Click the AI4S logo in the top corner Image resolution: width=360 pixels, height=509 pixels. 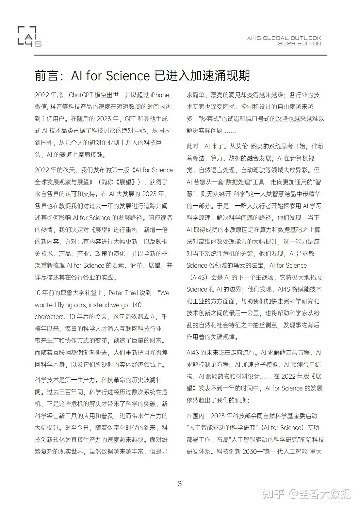click(29, 36)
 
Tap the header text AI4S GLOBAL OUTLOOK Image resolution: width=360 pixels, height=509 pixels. click(284, 38)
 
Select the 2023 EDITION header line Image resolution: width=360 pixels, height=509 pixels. click(300, 44)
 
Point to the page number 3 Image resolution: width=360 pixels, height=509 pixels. click(179, 484)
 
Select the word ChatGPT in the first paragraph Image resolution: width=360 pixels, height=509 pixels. click(81, 95)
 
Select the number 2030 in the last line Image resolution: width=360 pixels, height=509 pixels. click(251, 452)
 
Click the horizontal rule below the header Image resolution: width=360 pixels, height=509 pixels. click(180, 55)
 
